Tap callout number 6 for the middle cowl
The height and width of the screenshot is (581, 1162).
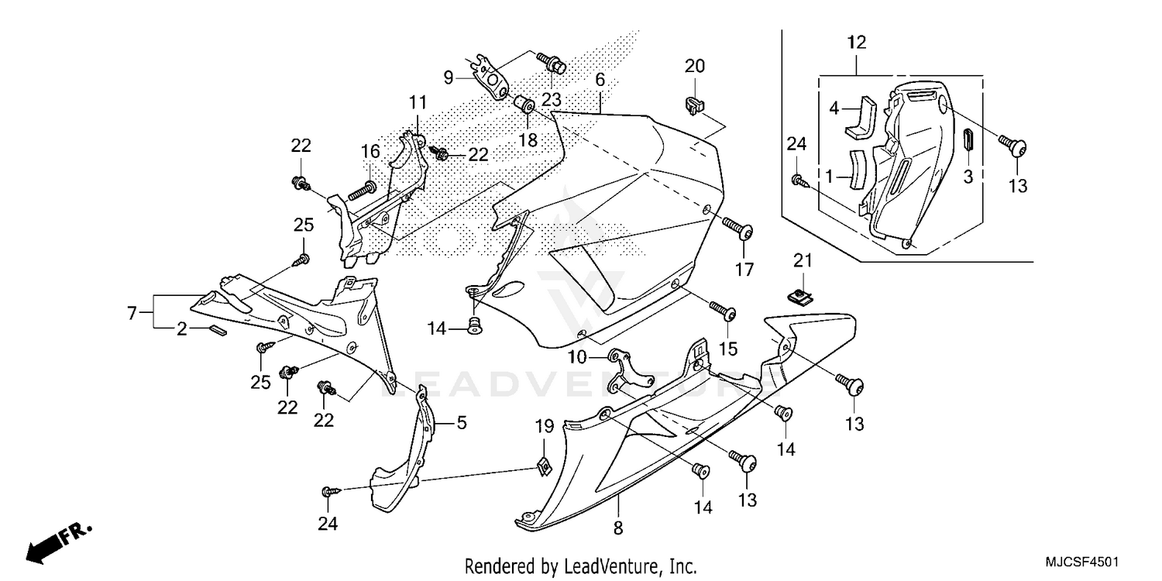[600, 81]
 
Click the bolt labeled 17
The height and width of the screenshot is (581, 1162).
[738, 228]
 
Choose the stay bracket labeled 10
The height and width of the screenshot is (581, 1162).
[627, 372]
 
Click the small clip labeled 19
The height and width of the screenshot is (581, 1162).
[544, 466]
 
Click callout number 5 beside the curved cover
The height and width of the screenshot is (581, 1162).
[461, 423]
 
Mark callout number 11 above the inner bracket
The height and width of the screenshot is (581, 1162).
[418, 101]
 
